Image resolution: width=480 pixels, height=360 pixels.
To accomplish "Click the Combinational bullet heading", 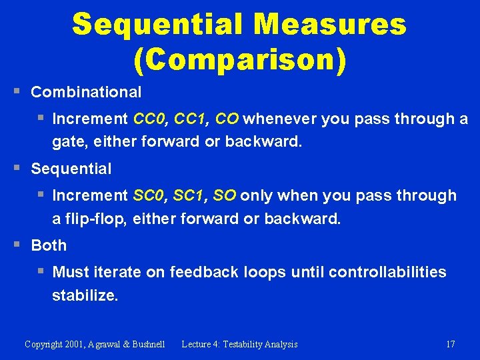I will pyautogui.click(x=86, y=92).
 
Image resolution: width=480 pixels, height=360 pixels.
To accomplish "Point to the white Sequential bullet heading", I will pyautogui.click(x=71, y=169).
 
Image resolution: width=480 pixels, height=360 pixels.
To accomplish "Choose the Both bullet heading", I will pyautogui.click(x=49, y=245).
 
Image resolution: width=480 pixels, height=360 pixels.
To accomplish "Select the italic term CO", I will pyautogui.click(x=227, y=119).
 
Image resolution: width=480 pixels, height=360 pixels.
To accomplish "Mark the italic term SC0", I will pyautogui.click(x=151, y=195).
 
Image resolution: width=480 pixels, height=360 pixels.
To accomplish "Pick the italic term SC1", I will pyautogui.click(x=190, y=195).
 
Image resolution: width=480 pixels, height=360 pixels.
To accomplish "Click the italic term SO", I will pyautogui.click(x=225, y=195).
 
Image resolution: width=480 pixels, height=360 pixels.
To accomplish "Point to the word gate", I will pyautogui.click(x=67, y=142).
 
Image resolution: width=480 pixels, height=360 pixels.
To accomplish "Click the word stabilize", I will pyautogui.click(x=85, y=295).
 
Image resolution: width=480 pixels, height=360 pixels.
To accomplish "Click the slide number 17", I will pyautogui.click(x=450, y=344).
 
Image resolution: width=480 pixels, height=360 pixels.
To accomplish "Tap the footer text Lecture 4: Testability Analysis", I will pyautogui.click(x=239, y=344).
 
